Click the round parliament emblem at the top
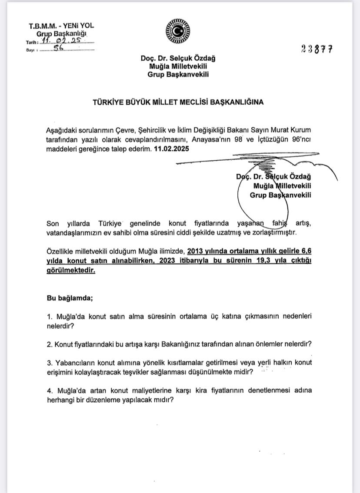[178, 32]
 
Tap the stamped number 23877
[317, 49]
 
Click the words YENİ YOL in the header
[77, 26]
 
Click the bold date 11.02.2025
[172, 149]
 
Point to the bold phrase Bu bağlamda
[70, 298]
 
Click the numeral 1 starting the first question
[49, 316]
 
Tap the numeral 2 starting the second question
[49, 344]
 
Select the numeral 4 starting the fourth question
[49, 390]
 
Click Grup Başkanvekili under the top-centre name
[178, 74]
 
